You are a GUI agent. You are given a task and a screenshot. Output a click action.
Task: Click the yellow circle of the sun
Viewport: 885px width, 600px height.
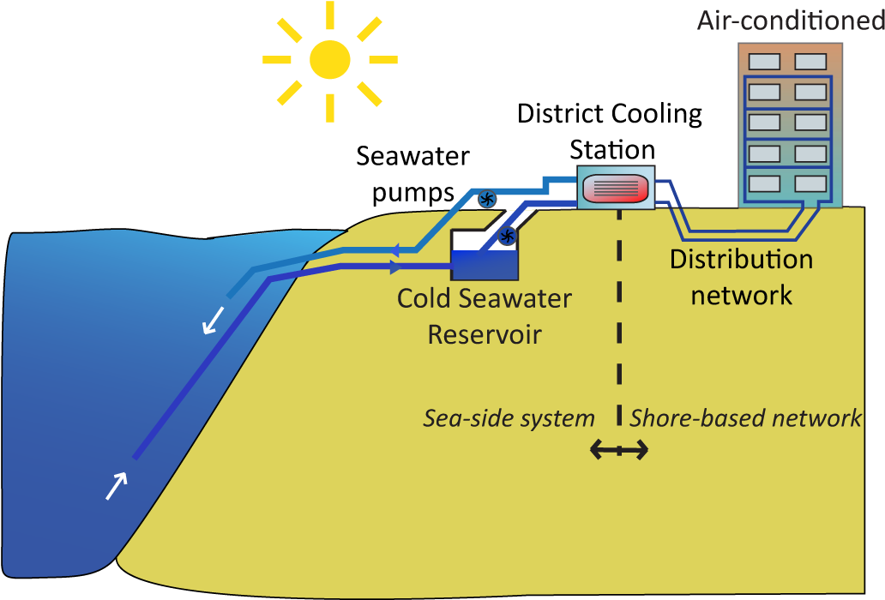pyautogui.click(x=330, y=60)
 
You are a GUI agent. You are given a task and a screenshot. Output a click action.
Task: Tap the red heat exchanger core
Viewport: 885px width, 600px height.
pyautogui.click(x=616, y=188)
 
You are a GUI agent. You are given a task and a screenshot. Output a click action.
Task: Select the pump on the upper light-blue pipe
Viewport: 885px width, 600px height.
pyautogui.click(x=486, y=199)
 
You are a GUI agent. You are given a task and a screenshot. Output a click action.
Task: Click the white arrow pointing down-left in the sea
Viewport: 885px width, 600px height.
pyautogui.click(x=213, y=319)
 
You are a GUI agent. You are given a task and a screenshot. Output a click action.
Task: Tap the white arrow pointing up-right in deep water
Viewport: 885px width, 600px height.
pyautogui.click(x=117, y=484)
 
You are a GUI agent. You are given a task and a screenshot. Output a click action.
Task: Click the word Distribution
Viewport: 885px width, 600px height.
pyautogui.click(x=741, y=259)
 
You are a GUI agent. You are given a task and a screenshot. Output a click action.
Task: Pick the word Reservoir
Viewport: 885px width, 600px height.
pyautogui.click(x=485, y=333)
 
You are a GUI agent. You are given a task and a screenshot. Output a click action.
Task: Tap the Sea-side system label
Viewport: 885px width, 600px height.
pyautogui.click(x=509, y=418)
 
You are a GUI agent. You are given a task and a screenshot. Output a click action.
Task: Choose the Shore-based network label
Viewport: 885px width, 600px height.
pyautogui.click(x=745, y=418)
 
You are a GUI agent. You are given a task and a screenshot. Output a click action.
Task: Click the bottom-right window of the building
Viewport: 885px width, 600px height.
pyautogui.click(x=810, y=183)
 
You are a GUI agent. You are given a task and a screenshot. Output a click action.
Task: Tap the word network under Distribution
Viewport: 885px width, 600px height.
pyautogui.click(x=741, y=296)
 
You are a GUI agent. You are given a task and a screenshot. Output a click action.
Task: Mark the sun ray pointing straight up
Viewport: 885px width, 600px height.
pyautogui.click(x=330, y=15)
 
